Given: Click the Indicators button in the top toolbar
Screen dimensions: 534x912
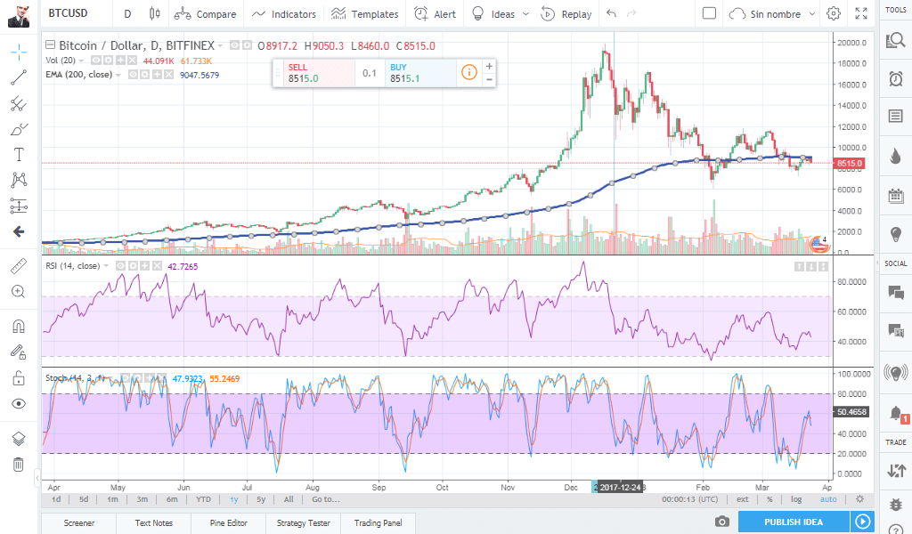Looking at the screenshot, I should click(284, 14).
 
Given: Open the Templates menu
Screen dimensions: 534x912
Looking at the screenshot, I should click(364, 14).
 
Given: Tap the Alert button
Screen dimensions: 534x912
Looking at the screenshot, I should click(436, 14).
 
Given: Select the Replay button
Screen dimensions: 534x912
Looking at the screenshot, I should click(566, 14).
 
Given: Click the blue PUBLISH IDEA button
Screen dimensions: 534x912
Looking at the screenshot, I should click(794, 522).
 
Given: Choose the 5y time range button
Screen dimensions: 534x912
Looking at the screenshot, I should click(260, 499).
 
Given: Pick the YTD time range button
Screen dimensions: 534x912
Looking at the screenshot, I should click(204, 499).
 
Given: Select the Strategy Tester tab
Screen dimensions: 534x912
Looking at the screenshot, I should click(304, 522).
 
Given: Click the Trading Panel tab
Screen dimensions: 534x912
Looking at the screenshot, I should click(378, 522).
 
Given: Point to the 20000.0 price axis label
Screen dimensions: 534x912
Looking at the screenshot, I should click(851, 43).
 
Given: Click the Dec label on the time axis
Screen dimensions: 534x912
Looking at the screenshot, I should click(572, 488).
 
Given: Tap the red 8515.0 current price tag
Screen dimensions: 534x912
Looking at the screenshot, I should click(849, 164).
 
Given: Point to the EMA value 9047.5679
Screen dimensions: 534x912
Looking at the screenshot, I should click(199, 75).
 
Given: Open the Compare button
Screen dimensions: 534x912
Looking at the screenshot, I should click(206, 14).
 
